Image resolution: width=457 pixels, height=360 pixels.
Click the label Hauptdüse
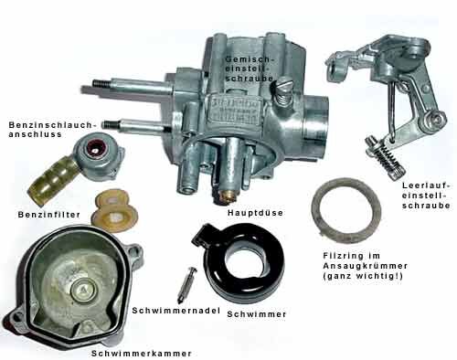click(255, 213)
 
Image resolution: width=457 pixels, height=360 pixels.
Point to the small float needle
click(186, 285)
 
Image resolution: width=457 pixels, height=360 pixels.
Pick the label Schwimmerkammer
click(142, 354)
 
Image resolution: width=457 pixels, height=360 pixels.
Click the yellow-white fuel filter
click(114, 211)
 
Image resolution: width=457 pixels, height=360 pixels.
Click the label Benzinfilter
click(49, 215)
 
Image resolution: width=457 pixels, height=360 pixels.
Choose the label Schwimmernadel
click(175, 311)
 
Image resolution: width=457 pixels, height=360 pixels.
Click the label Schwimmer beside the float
click(257, 314)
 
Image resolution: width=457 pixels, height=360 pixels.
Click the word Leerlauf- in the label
click(426, 185)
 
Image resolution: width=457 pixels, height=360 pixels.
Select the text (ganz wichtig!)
click(363, 276)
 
